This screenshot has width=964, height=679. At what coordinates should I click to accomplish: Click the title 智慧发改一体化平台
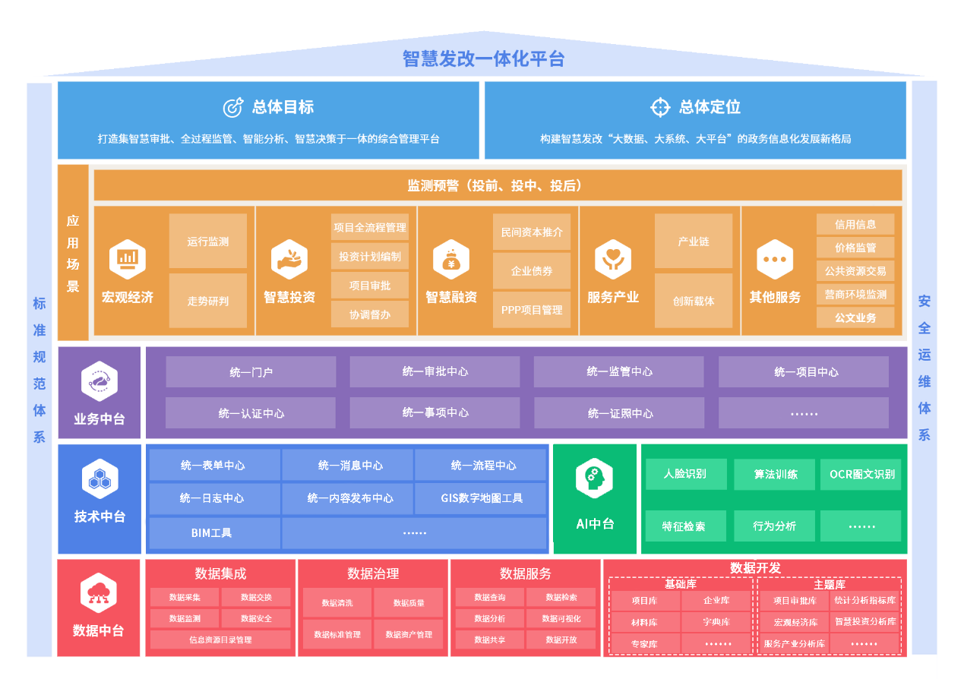(x=482, y=58)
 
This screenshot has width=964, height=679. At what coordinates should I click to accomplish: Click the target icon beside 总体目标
(x=232, y=107)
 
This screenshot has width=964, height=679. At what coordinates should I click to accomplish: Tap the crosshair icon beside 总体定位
(x=660, y=107)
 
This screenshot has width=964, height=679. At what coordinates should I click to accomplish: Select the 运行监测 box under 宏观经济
(x=207, y=242)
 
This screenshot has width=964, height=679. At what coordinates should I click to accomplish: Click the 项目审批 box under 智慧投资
(x=370, y=286)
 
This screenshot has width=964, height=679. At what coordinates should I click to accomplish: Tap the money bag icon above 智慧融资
(x=451, y=260)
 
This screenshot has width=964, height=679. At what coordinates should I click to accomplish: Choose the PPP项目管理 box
(x=532, y=310)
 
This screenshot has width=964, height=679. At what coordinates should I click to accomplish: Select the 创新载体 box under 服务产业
(x=694, y=301)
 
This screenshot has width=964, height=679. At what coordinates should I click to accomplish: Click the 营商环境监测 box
(x=855, y=294)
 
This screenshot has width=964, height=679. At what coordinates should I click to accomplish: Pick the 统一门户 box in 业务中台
(x=251, y=372)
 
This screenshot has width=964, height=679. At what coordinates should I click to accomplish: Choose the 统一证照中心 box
(x=620, y=413)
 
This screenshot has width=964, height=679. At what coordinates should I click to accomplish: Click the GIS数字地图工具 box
(x=482, y=498)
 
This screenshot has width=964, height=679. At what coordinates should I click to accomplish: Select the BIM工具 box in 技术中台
(x=212, y=532)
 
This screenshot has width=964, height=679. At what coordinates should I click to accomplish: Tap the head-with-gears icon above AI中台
(x=594, y=479)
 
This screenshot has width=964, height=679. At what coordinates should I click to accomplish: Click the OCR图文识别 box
(x=861, y=474)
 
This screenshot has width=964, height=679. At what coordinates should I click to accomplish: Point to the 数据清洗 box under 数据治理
(x=337, y=603)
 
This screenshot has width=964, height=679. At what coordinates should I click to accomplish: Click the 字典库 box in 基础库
(x=716, y=622)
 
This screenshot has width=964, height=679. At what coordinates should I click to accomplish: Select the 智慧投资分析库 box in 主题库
(x=864, y=621)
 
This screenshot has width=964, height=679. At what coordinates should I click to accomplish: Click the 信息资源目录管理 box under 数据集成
(x=220, y=640)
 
